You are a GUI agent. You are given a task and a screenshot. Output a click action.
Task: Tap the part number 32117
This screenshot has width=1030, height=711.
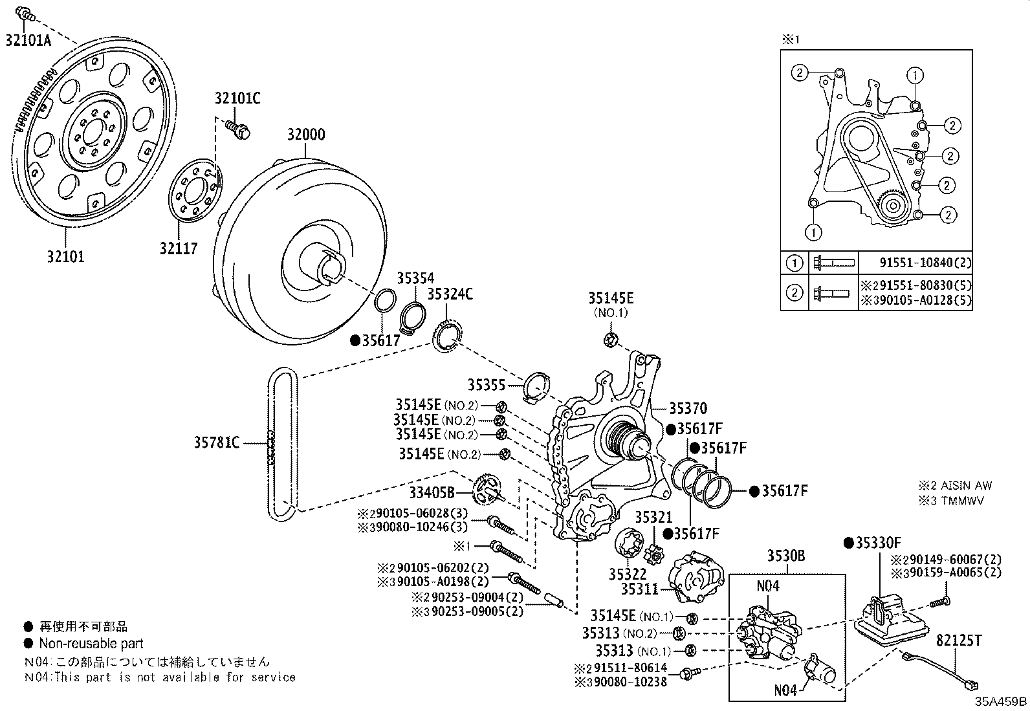click(179, 248)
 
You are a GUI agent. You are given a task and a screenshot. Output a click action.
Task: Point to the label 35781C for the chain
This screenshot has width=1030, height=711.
click(217, 443)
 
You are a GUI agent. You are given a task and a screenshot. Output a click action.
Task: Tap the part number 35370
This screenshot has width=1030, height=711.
click(688, 408)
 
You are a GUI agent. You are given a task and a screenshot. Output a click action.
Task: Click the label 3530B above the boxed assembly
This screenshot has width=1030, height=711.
click(786, 556)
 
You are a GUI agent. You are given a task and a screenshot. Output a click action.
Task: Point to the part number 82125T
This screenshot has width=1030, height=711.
click(959, 640)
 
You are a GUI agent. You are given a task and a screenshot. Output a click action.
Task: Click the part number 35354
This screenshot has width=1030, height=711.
click(415, 278)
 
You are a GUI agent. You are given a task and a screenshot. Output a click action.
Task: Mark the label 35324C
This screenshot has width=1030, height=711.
click(450, 294)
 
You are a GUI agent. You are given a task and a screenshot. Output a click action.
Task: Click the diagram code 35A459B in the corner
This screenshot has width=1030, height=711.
click(1002, 701)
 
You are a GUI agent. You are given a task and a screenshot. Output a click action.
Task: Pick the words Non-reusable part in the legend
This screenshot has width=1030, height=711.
click(91, 643)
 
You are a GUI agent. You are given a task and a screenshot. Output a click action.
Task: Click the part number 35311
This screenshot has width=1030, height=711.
click(639, 589)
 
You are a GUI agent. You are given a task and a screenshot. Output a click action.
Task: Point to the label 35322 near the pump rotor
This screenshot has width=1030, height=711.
click(628, 574)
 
